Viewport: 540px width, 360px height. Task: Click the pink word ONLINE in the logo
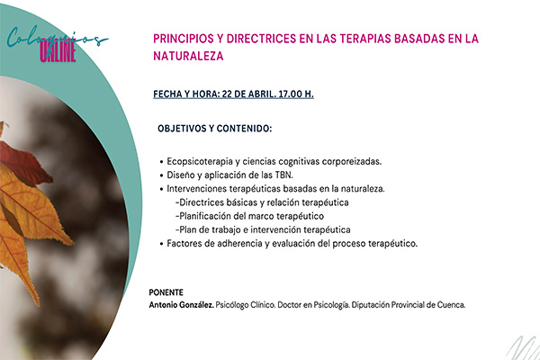point(58,52)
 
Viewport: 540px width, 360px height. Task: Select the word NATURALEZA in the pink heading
point(188,56)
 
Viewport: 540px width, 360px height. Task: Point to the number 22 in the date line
point(227,94)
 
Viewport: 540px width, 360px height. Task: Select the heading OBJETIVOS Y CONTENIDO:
point(214,129)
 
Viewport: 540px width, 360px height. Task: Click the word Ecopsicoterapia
point(200,162)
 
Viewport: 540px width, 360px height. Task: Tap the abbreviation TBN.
point(283,175)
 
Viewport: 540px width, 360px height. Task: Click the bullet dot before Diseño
point(161,175)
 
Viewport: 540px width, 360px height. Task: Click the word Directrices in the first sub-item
point(202,202)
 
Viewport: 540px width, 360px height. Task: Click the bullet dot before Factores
point(161,244)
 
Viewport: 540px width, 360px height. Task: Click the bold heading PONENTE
point(166,292)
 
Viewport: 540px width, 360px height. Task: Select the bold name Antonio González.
point(182,305)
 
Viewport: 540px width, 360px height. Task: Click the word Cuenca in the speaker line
point(451,305)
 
